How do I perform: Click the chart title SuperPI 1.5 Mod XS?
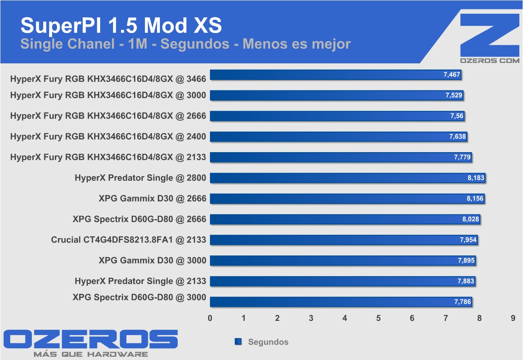(x=121, y=25)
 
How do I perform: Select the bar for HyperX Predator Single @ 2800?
(x=347, y=178)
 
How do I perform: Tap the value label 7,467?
(x=452, y=75)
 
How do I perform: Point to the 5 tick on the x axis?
(x=378, y=318)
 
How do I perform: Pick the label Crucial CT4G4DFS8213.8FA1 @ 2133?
(x=128, y=240)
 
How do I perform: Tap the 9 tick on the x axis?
(x=513, y=318)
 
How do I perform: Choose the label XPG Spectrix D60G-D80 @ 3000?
(x=139, y=298)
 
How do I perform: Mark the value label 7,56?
(x=457, y=116)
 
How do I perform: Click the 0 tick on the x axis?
(x=210, y=318)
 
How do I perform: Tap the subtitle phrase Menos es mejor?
(x=296, y=44)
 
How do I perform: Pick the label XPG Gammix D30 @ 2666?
(x=152, y=199)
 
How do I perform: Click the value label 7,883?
(x=466, y=281)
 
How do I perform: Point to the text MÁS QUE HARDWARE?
(x=91, y=354)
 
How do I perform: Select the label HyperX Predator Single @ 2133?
(x=140, y=281)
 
